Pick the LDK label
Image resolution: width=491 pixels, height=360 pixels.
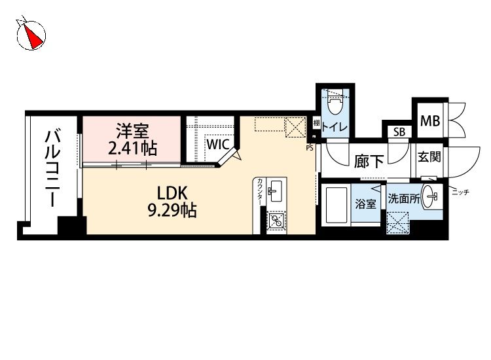pyautogui.click(x=172, y=194)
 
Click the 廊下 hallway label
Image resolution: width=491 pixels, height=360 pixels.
pyautogui.click(x=369, y=162)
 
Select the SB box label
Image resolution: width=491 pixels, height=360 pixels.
pyautogui.click(x=397, y=133)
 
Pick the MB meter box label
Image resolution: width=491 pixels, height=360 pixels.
pyautogui.click(x=429, y=120)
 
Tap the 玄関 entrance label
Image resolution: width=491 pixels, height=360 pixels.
pyautogui.click(x=429, y=158)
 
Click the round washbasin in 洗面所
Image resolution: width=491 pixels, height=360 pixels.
pyautogui.click(x=430, y=195)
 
